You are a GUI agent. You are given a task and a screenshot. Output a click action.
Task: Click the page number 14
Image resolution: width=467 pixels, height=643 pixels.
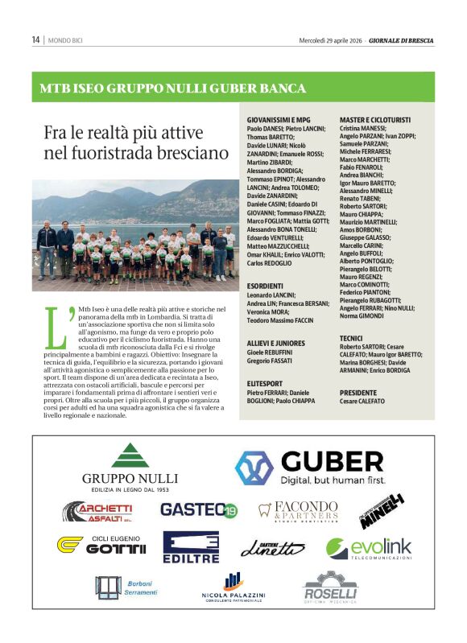(x=36, y=39)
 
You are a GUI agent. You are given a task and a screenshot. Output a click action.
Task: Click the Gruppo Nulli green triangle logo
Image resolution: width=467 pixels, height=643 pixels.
(x=129, y=455)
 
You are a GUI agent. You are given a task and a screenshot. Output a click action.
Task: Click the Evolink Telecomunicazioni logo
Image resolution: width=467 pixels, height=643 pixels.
(x=368, y=550)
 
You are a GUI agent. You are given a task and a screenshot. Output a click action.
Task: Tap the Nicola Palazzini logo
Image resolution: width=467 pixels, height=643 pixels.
(x=231, y=588)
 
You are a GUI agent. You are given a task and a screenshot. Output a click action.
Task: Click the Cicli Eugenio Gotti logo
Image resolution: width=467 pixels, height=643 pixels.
(x=101, y=545)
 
